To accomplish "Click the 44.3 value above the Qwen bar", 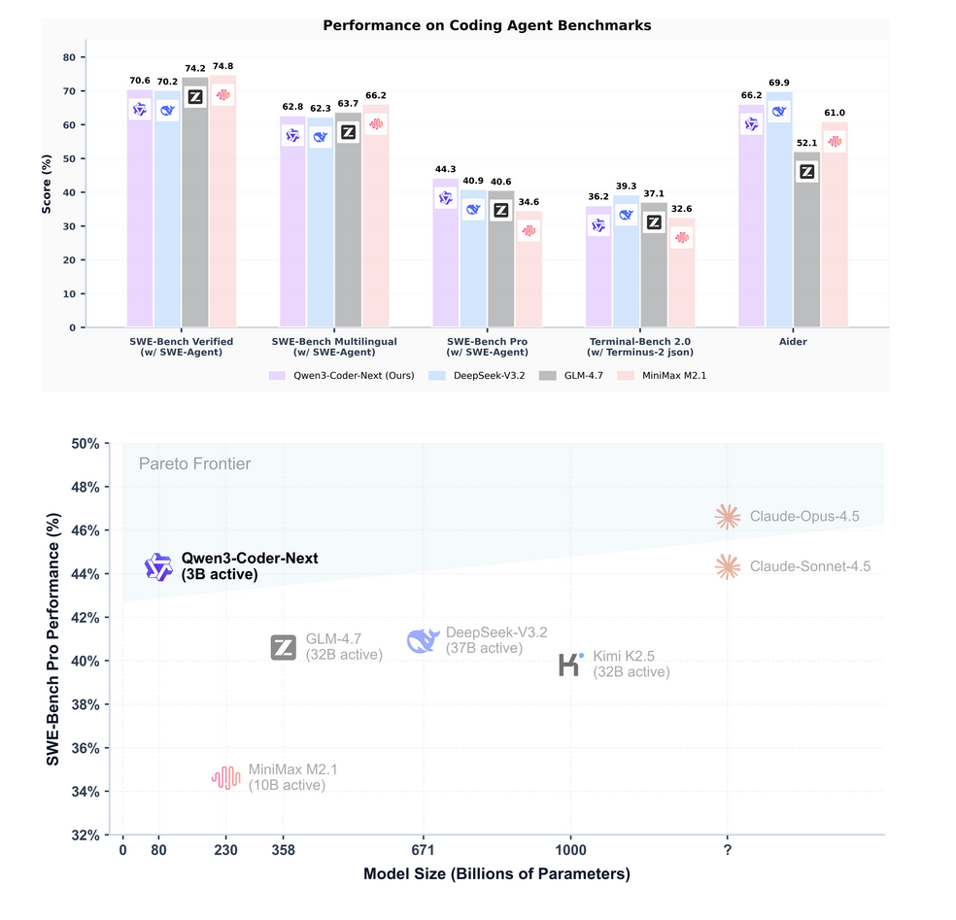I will point(445,169).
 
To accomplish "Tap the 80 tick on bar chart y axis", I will point(69,57).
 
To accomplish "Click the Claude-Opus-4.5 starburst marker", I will point(727,517).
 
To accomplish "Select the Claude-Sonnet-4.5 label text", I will point(809,566).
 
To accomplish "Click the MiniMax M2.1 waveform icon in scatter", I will point(225,777).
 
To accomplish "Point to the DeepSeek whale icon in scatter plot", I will point(423,640).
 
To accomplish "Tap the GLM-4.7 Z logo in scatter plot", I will point(284,648).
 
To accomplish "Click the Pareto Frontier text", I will point(194,464).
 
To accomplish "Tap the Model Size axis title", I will point(496,874).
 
